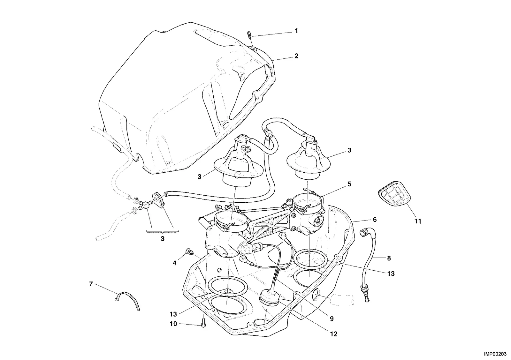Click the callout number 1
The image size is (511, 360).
296,31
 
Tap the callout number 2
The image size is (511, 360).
296,56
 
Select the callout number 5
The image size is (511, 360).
349,184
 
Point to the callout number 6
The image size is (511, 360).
375,220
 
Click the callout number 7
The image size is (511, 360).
91,284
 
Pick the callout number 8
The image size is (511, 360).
389,258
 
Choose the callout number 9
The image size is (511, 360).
332,319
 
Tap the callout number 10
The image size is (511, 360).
173,324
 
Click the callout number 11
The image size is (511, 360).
418,221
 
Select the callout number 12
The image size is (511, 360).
333,334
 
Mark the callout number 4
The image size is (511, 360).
174,263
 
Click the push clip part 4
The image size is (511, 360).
190,251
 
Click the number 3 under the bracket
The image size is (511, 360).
163,239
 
